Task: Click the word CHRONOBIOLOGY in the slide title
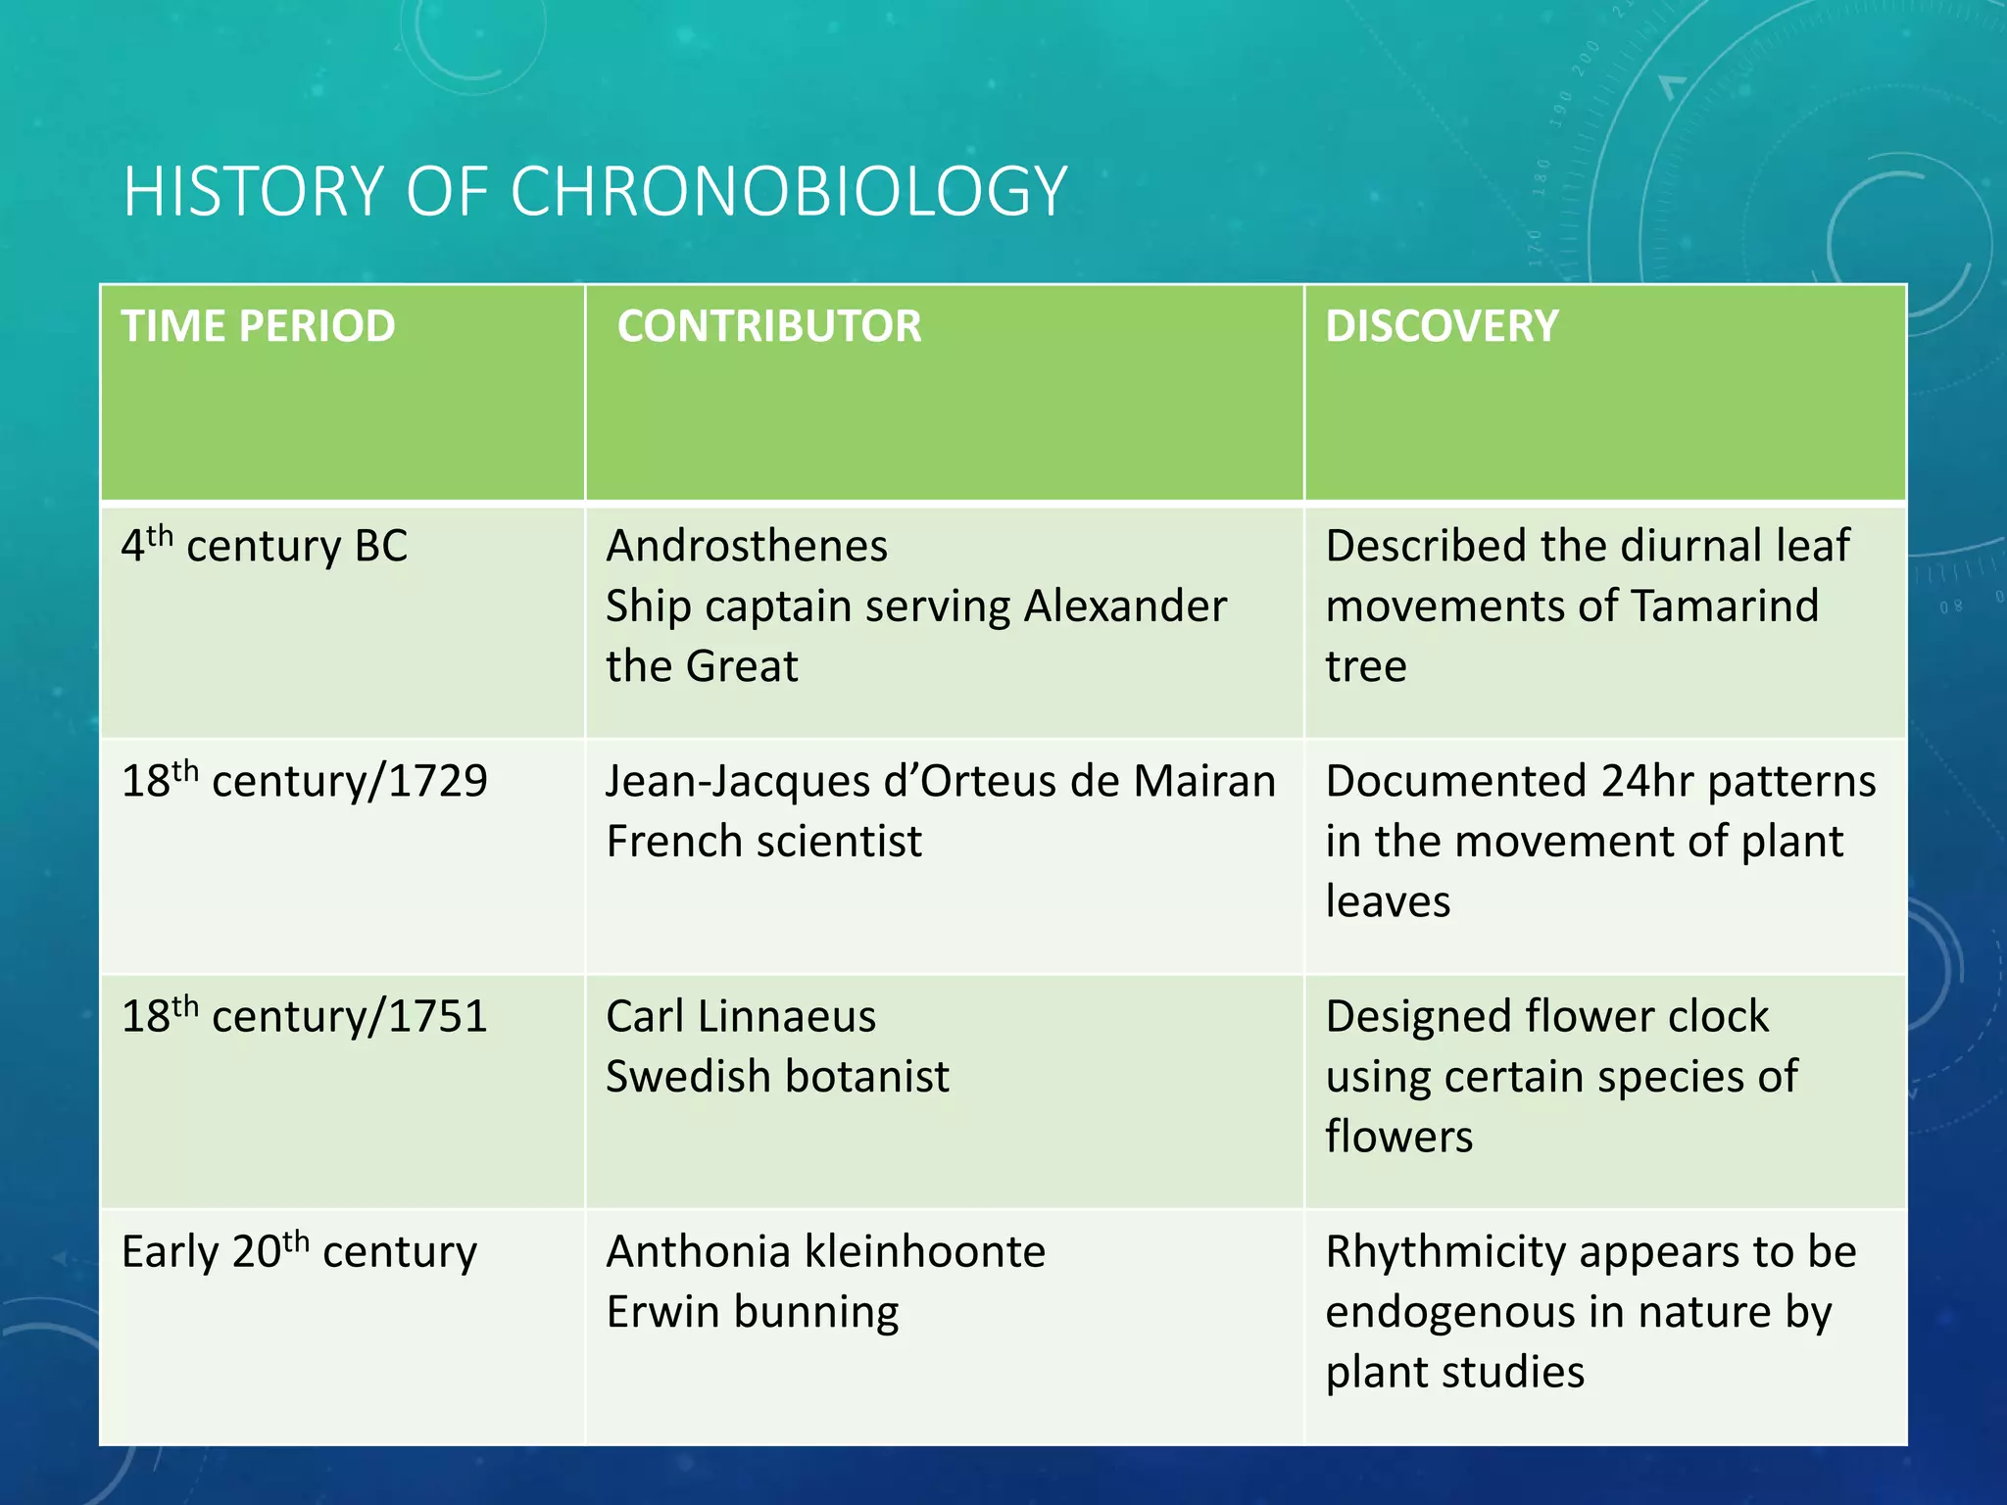tap(788, 192)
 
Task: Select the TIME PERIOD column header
tap(258, 326)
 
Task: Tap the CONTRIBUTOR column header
tap(769, 326)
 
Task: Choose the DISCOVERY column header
tap(1441, 326)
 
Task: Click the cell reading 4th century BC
tap(264, 547)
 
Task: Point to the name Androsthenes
tap(747, 547)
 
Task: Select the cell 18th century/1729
tap(304, 782)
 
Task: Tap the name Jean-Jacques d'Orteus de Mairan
tap(941, 782)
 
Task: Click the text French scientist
tap(763, 842)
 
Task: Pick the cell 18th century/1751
tap(304, 1017)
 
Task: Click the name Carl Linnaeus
tap(741, 1017)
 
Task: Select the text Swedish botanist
tap(777, 1077)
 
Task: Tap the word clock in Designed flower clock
tap(1716, 1017)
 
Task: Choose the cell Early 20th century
tap(299, 1252)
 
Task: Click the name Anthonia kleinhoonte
tap(825, 1252)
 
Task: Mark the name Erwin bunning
tap(753, 1312)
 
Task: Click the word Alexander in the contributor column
tap(1125, 607)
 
